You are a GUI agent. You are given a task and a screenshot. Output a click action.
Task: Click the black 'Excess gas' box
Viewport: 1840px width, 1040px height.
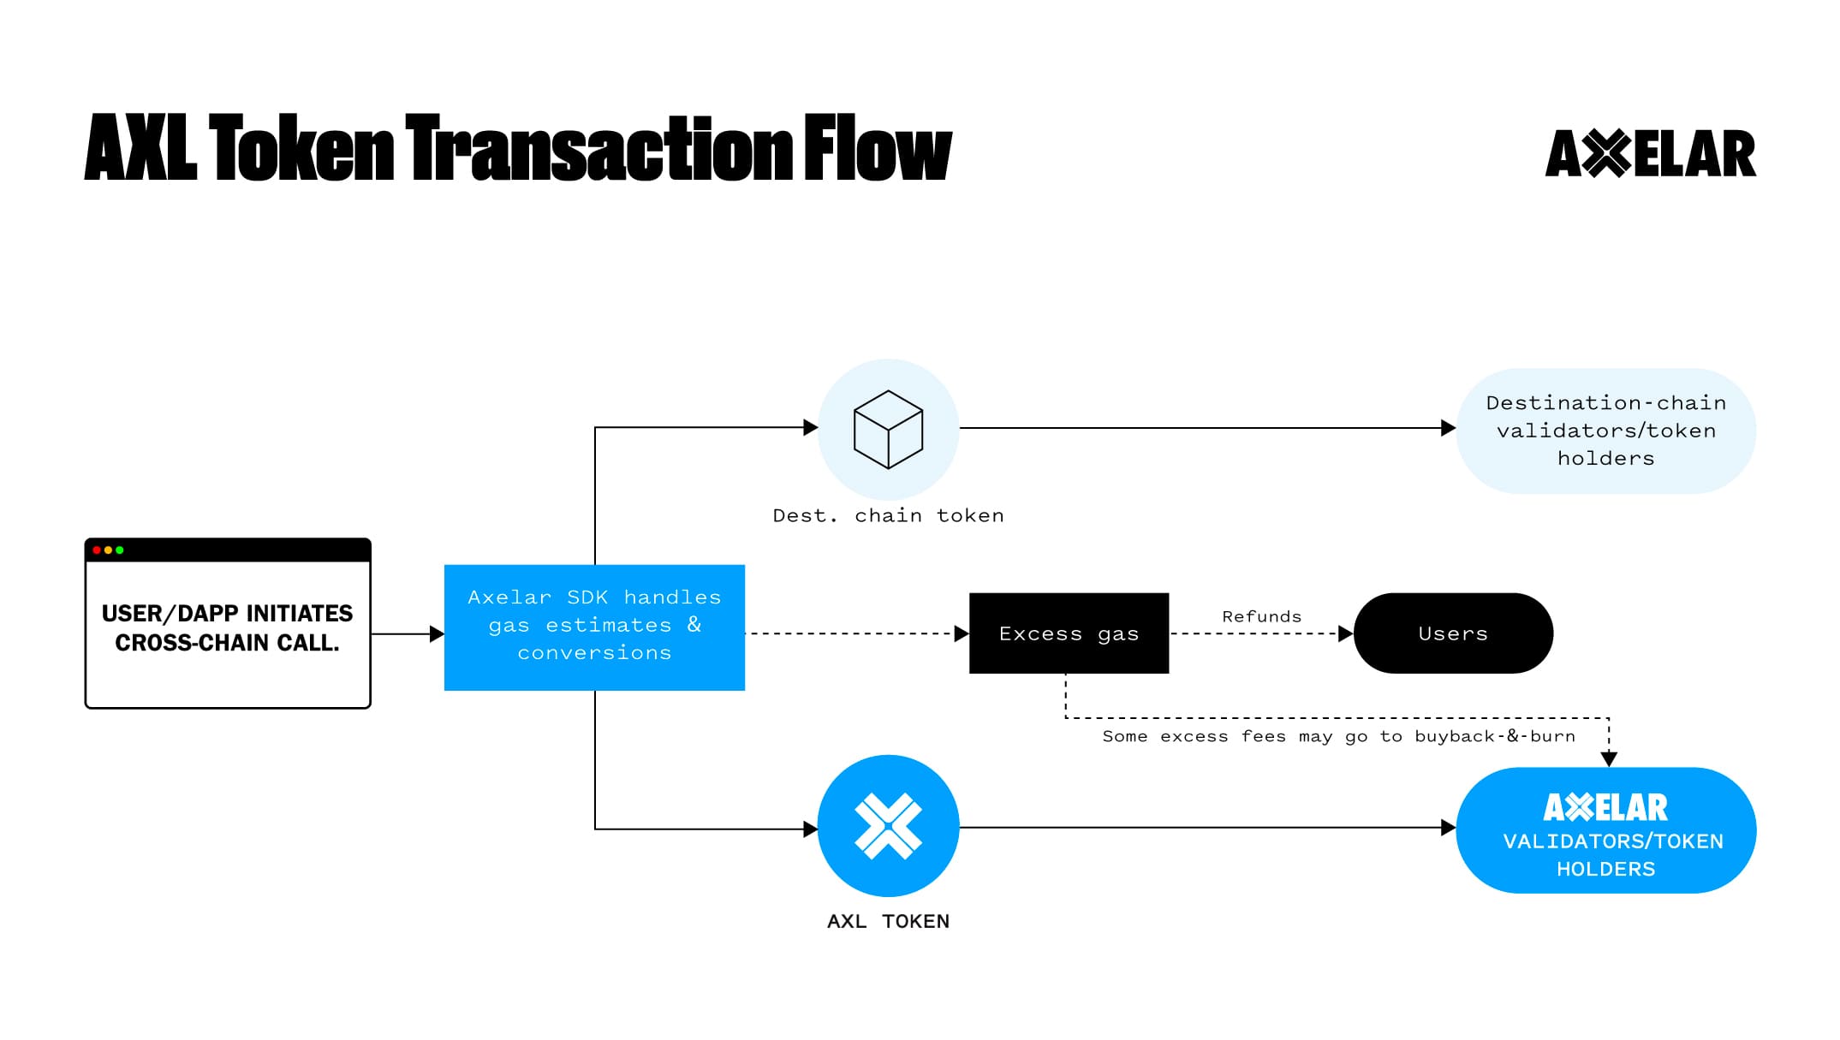click(x=1069, y=633)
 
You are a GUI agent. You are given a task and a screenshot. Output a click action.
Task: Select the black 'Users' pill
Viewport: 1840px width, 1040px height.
click(x=1453, y=633)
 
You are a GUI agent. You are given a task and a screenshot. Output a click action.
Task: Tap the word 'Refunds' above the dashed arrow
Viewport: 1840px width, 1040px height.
click(x=1261, y=616)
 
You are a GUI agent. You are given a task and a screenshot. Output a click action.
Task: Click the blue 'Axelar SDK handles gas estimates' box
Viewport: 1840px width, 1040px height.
click(x=594, y=627)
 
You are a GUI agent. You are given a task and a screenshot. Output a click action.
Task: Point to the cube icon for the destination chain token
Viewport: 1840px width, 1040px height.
click(x=888, y=430)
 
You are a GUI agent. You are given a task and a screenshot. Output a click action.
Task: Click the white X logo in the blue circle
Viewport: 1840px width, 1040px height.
click(x=888, y=827)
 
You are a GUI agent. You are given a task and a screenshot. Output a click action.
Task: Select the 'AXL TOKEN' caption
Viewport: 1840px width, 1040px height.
click(x=888, y=921)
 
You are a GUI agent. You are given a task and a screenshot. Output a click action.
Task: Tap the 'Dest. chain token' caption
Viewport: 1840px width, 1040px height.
click(x=888, y=515)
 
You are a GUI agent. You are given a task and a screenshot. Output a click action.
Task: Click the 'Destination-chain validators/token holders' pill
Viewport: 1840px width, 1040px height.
click(x=1605, y=431)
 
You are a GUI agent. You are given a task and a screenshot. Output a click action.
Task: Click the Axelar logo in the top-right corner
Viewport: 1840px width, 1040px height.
click(x=1650, y=154)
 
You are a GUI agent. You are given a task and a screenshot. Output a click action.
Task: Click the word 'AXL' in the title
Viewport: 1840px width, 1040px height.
click(x=140, y=149)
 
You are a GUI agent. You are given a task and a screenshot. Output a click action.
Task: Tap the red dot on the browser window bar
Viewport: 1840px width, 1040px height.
click(x=97, y=550)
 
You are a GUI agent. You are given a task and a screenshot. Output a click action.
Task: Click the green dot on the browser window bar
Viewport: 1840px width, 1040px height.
click(x=120, y=550)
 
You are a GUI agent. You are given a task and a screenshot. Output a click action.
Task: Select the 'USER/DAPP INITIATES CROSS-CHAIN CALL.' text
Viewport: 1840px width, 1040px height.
click(x=227, y=627)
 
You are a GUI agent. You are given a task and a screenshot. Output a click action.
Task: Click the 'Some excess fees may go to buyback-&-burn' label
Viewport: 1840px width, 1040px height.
click(x=1338, y=736)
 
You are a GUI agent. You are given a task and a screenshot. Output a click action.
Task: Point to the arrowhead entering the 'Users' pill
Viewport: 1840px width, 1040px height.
click(x=1345, y=633)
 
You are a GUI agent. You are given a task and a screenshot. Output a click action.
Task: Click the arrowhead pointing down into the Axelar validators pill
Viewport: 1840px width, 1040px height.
click(x=1609, y=758)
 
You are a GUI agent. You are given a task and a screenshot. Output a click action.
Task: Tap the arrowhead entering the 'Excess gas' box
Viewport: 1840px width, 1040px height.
click(x=962, y=633)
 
